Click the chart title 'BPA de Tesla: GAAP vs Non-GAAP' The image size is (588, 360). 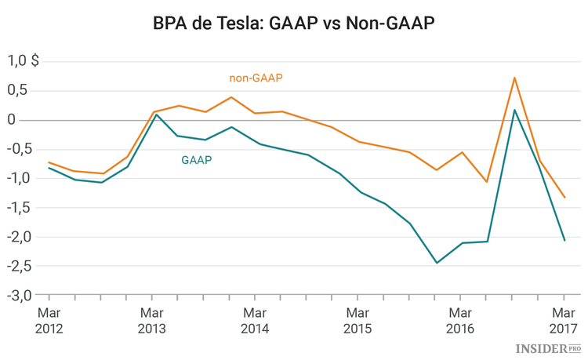[294, 24]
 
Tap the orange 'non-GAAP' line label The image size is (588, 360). [256, 78]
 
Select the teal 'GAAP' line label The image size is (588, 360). [197, 160]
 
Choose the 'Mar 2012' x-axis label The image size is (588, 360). [49, 320]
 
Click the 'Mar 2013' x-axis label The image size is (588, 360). [151, 320]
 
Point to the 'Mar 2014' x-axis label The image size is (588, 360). [254, 320]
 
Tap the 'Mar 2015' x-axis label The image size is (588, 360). [357, 320]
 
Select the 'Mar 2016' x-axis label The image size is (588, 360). [460, 320]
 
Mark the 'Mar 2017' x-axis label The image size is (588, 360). [563, 320]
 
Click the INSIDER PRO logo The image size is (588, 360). [549, 347]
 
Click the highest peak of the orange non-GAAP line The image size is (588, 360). [514, 78]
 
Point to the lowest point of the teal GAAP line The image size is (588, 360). [437, 263]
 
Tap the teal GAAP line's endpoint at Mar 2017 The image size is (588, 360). [564, 240]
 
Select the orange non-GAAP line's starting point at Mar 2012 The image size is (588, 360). [49, 162]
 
